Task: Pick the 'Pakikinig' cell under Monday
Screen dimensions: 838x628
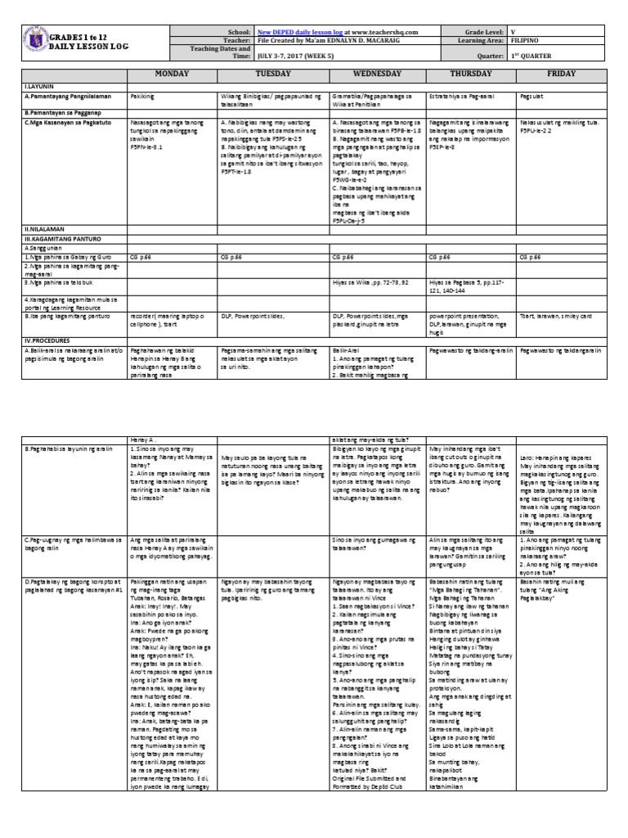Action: pos(144,96)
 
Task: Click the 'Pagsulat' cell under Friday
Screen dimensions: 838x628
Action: pos(533,96)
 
